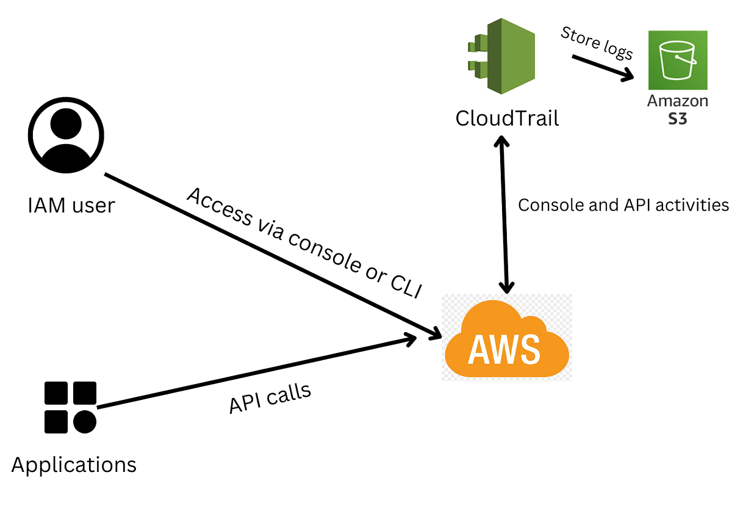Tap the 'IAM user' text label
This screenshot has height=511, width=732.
click(71, 205)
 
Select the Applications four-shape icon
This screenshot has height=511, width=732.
click(70, 407)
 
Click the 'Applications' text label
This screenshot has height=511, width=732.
click(74, 465)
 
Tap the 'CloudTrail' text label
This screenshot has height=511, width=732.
click(507, 118)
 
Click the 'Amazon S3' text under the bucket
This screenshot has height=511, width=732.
click(677, 109)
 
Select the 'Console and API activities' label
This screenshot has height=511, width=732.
click(623, 205)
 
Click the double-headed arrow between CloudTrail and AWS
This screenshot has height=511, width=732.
click(504, 214)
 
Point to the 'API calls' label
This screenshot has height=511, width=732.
click(270, 399)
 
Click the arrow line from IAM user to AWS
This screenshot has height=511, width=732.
click(268, 253)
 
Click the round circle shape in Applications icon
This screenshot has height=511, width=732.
click(85, 421)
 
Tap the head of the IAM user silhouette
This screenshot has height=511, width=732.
click(66, 124)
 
